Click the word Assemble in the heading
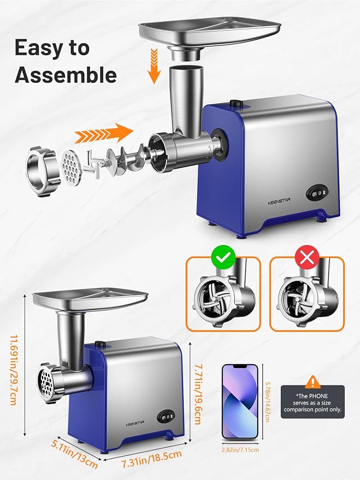click(x=66, y=75)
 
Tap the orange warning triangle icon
click(x=312, y=381)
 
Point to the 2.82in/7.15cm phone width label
click(x=240, y=450)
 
